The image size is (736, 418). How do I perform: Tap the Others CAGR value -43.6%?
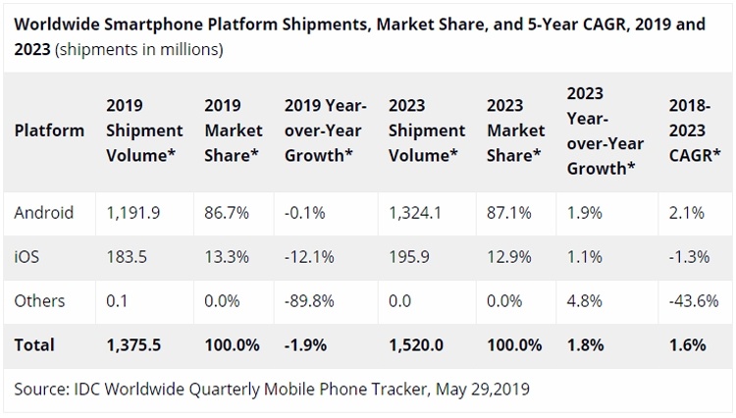(692, 301)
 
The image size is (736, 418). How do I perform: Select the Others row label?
(39, 301)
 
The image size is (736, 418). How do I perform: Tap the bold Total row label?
(34, 344)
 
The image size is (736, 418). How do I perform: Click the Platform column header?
(47, 131)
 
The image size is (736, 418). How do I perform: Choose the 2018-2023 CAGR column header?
(695, 131)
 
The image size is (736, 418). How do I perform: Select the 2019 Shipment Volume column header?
(144, 131)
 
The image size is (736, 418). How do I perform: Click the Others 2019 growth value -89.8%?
(310, 301)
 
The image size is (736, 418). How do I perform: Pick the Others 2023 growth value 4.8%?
(585, 301)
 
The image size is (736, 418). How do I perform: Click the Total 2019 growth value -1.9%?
(307, 344)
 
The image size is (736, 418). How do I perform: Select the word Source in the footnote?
(39, 389)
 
